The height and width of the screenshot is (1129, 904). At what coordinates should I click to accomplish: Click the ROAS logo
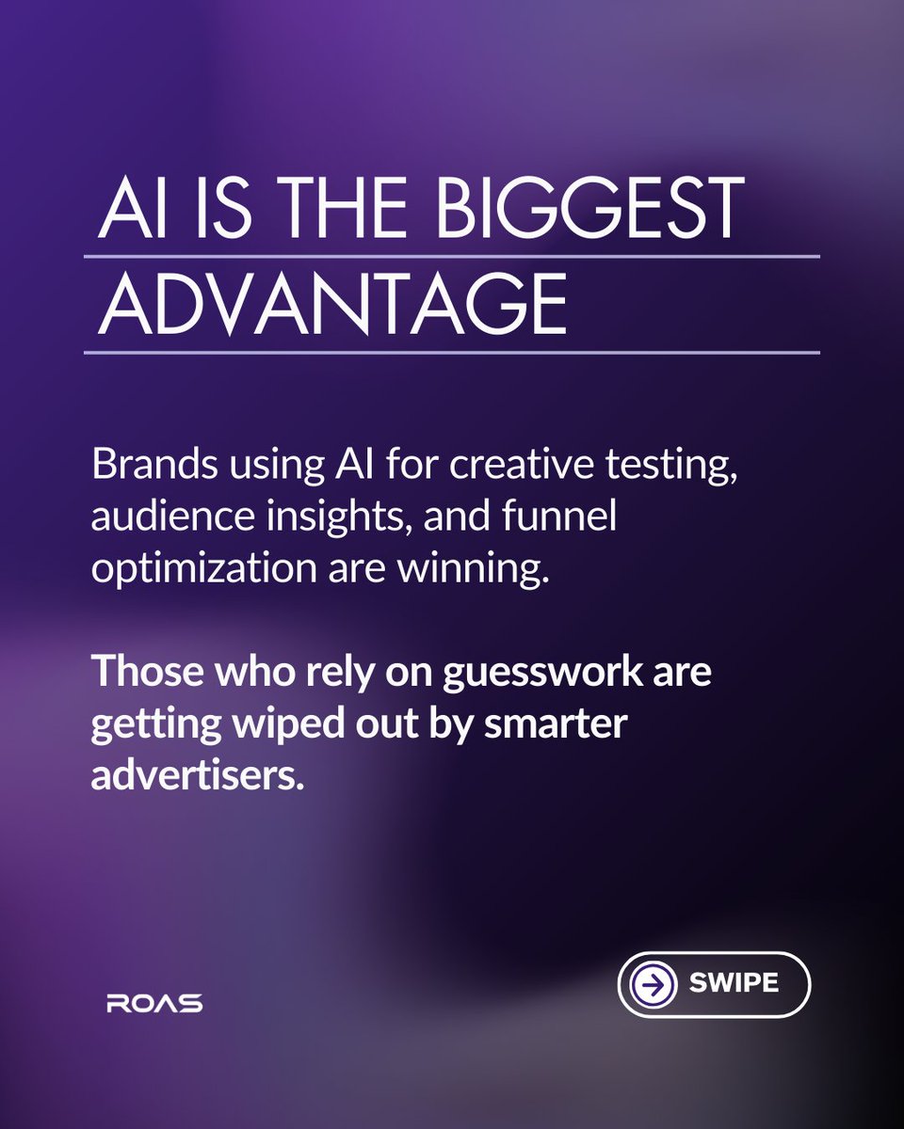(x=154, y=1003)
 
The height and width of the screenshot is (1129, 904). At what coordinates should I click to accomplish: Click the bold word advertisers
(x=199, y=777)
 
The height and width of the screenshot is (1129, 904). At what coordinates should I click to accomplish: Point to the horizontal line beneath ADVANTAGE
(x=452, y=353)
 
